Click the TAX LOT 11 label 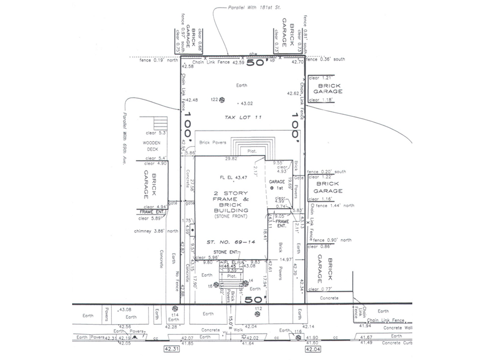pos(243,117)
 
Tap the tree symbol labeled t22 pos(222,100)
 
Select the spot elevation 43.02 pos(246,104)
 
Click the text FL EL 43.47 pos(233,177)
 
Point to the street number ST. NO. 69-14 pos(231,242)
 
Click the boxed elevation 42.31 pos(171,349)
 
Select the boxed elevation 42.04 pos(313,349)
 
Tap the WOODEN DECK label pos(152,146)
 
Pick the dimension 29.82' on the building pos(231,159)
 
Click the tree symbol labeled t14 pos(175,309)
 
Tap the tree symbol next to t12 pos(257,314)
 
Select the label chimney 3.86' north pos(156,231)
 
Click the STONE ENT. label pos(225,252)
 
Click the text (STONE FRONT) pos(231,216)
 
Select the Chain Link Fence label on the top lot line pos(211,62)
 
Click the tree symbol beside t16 pos(298,338)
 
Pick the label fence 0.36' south pos(326,59)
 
